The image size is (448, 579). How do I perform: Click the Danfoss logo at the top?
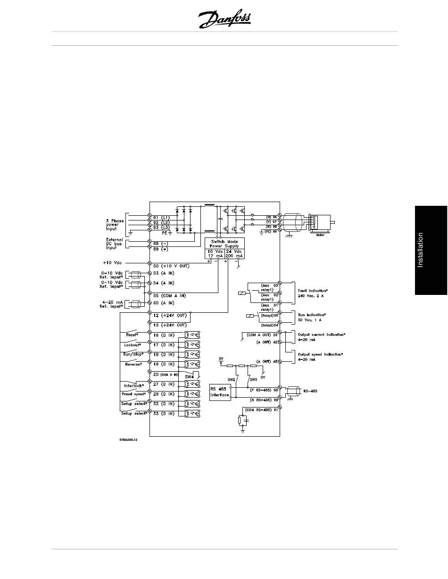[x=224, y=20]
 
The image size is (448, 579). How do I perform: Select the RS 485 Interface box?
[x=220, y=392]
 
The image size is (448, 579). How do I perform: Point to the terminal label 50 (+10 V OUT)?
[x=171, y=266]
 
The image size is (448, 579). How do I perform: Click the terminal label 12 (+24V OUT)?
[x=170, y=315]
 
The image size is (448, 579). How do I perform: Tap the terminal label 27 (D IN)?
[x=164, y=384]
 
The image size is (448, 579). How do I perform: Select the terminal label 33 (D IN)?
[x=164, y=414]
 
